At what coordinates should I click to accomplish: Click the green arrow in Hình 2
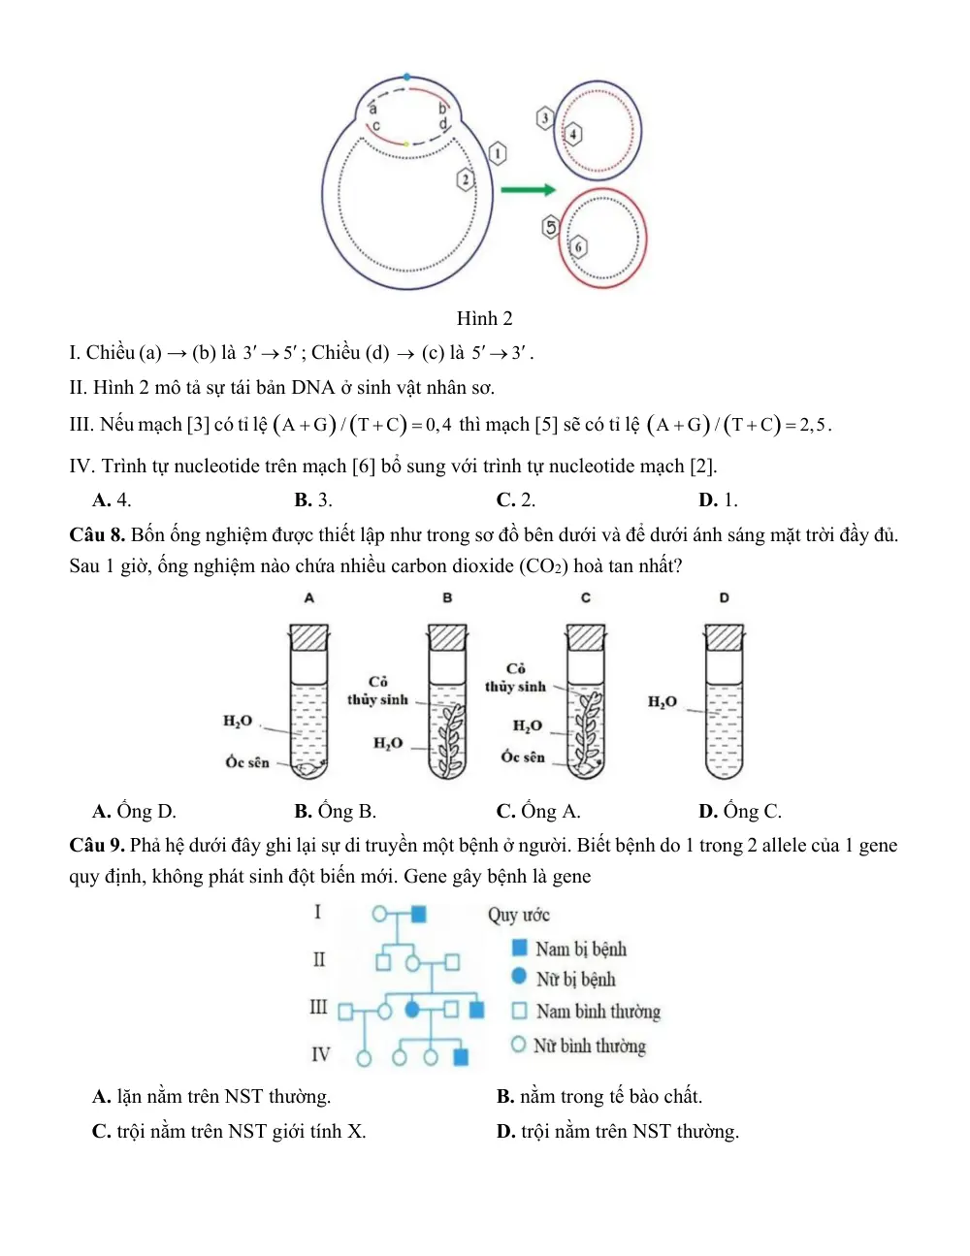[528, 189]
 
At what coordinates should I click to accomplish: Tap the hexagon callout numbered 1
[498, 154]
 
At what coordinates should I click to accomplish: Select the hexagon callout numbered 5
[551, 227]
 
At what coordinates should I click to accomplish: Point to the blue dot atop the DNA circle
[407, 77]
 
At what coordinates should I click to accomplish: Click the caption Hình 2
[484, 318]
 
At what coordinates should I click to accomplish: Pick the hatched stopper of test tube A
[308, 637]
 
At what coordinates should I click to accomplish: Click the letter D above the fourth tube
[725, 597]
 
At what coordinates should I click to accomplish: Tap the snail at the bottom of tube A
[308, 768]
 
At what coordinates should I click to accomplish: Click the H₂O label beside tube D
[662, 702]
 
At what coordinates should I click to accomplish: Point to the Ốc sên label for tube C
[523, 757]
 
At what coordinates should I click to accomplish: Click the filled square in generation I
[418, 915]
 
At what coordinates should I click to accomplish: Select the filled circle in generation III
[412, 1010]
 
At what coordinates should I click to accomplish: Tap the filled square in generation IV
[461, 1057]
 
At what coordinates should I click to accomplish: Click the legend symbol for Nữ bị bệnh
[519, 977]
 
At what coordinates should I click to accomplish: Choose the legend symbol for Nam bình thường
[519, 1011]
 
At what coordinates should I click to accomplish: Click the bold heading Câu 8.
[97, 534]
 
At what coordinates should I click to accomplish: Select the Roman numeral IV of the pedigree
[321, 1055]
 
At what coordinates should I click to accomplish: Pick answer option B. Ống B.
[336, 811]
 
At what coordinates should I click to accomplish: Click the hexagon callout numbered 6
[579, 246]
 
